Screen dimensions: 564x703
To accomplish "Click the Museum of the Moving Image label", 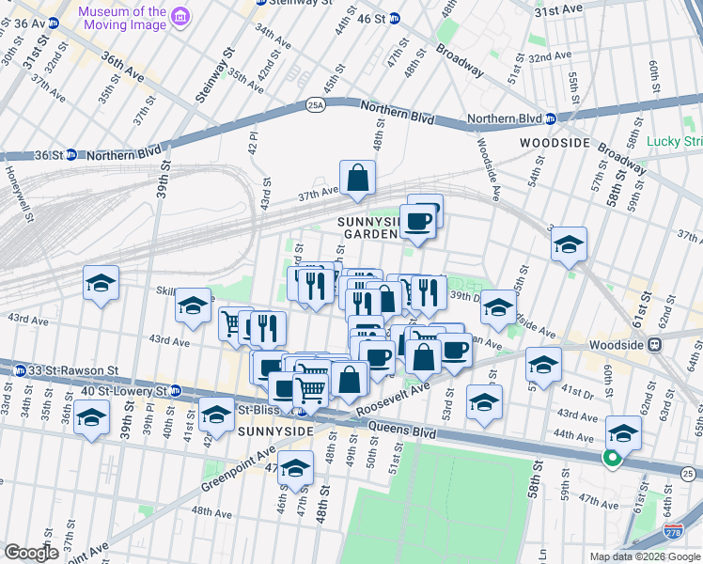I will [x=122, y=18].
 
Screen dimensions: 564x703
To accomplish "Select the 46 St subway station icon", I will [x=396, y=18].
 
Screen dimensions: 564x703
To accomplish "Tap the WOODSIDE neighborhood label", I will [x=555, y=143].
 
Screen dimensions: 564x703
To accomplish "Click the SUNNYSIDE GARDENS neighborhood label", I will [x=374, y=227].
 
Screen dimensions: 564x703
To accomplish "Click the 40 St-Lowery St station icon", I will [x=175, y=390].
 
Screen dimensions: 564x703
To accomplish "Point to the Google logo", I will [x=31, y=553].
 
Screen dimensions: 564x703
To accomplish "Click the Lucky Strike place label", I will [x=675, y=143].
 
